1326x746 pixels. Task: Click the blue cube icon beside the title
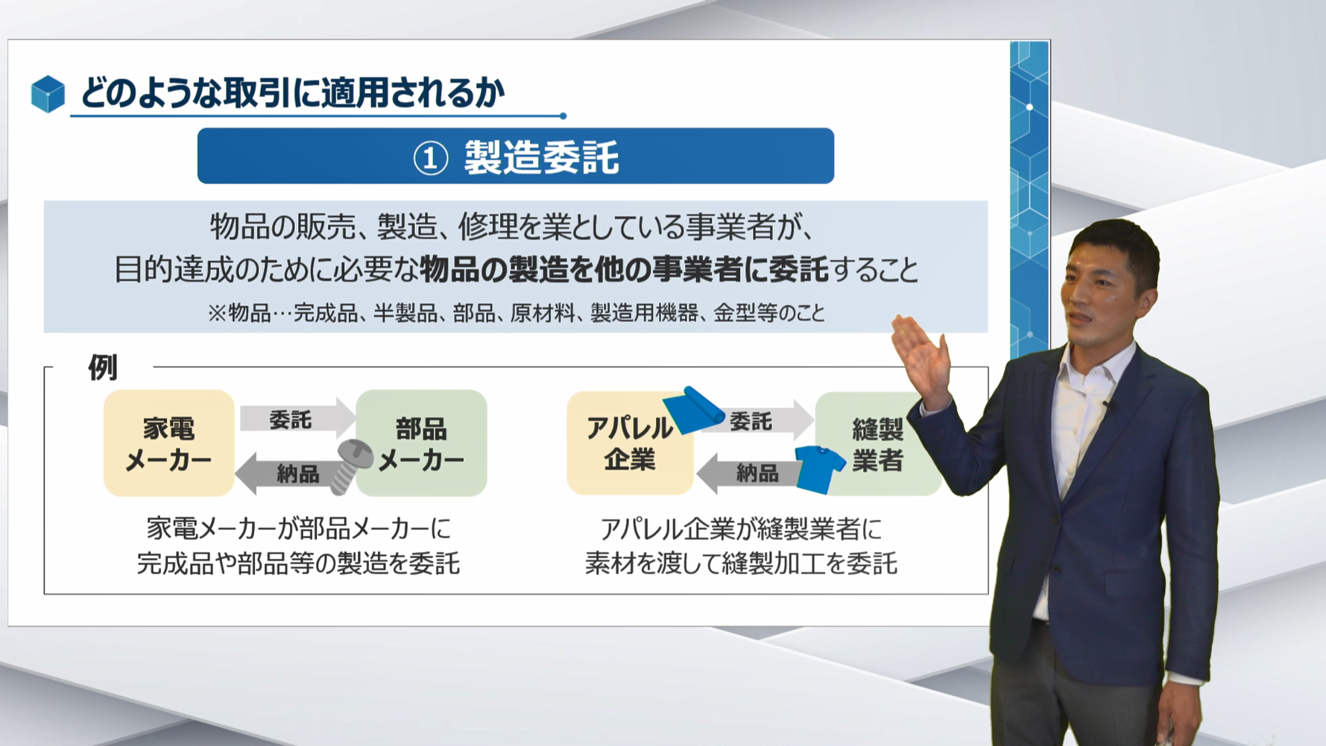pyautogui.click(x=48, y=94)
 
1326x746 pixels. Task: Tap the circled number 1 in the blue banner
pyautogui.click(x=431, y=158)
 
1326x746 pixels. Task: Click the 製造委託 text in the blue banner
pyautogui.click(x=541, y=157)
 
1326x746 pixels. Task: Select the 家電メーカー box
pyautogui.click(x=169, y=443)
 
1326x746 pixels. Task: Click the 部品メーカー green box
pyautogui.click(x=422, y=443)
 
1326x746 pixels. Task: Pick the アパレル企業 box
pyautogui.click(x=630, y=443)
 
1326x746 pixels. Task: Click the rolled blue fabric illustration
pyautogui.click(x=693, y=409)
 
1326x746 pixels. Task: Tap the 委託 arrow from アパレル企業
pyautogui.click(x=757, y=421)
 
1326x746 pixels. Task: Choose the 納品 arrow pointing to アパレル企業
pyautogui.click(x=749, y=473)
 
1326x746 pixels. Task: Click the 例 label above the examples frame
pyautogui.click(x=103, y=367)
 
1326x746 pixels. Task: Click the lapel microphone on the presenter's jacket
pyautogui.click(x=1108, y=407)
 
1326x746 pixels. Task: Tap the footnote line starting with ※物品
pyautogui.click(x=516, y=313)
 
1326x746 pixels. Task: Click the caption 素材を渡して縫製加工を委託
pyautogui.click(x=741, y=563)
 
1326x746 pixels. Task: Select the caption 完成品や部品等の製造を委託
pyautogui.click(x=298, y=563)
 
